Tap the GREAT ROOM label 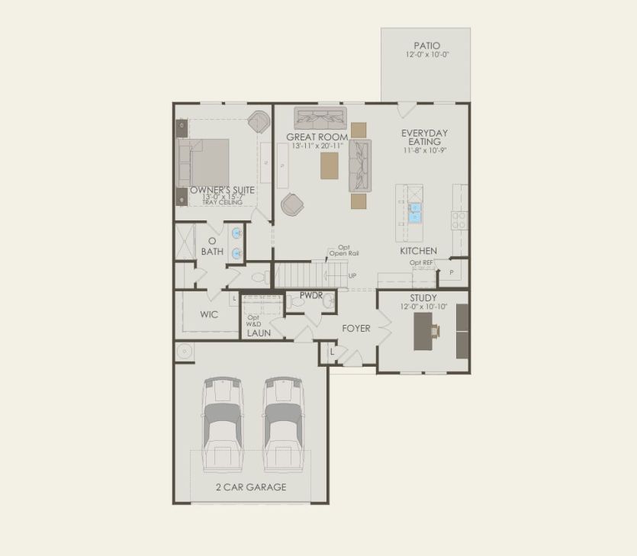click(317, 137)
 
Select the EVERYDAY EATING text click(425, 137)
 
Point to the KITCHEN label click(418, 251)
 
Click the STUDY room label click(423, 298)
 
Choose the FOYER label click(355, 329)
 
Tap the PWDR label click(311, 294)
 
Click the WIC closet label click(210, 314)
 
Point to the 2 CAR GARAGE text click(251, 487)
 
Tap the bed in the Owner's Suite click(204, 162)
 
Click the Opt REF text click(421, 263)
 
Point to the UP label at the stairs click(352, 275)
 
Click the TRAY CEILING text click(222, 202)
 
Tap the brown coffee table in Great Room click(330, 166)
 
